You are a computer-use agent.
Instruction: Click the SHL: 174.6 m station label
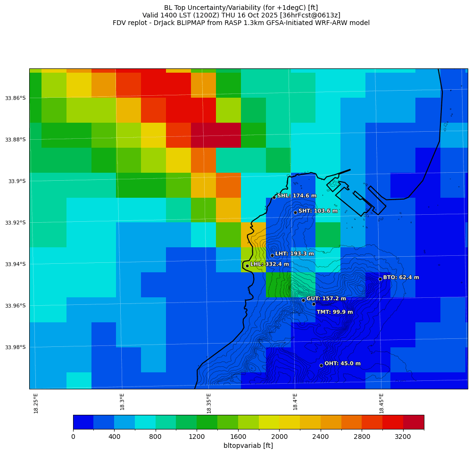tap(297, 196)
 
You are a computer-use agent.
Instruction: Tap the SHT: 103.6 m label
tap(318, 211)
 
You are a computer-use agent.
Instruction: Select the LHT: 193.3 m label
tap(294, 254)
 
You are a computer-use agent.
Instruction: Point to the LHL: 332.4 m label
tap(269, 264)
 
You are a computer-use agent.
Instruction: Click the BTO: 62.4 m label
tap(401, 277)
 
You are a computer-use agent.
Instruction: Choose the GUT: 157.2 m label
tap(326, 299)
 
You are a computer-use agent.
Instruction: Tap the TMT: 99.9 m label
tap(334, 312)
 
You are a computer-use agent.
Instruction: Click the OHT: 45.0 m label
tap(342, 363)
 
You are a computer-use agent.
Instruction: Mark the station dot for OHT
tap(321, 365)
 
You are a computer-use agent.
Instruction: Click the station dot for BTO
tap(380, 279)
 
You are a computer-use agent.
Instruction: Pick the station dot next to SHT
tap(295, 212)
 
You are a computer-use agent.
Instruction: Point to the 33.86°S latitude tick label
tap(16, 98)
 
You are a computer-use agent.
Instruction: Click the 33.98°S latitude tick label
tap(16, 347)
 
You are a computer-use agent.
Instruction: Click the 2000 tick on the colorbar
tap(279, 437)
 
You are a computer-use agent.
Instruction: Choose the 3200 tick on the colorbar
tap(403, 437)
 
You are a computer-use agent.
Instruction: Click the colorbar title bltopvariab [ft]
tap(248, 446)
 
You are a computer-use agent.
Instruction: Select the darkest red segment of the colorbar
tap(414, 422)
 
